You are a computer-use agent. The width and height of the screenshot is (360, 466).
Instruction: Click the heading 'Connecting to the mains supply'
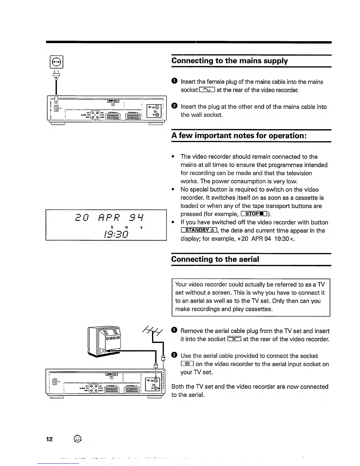click(x=229, y=61)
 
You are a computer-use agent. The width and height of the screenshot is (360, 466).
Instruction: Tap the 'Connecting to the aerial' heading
click(x=215, y=259)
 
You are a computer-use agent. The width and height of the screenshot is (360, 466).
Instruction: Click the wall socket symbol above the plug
click(x=56, y=62)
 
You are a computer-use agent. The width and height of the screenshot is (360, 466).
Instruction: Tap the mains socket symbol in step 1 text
click(x=207, y=90)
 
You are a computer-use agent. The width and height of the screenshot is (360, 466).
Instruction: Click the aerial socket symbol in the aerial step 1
click(x=234, y=339)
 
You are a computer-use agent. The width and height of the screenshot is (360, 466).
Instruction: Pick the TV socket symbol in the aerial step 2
click(x=187, y=364)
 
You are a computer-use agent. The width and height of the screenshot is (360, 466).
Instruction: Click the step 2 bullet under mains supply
click(x=174, y=106)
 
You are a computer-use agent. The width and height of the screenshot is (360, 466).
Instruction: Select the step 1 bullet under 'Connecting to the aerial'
click(x=174, y=331)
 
